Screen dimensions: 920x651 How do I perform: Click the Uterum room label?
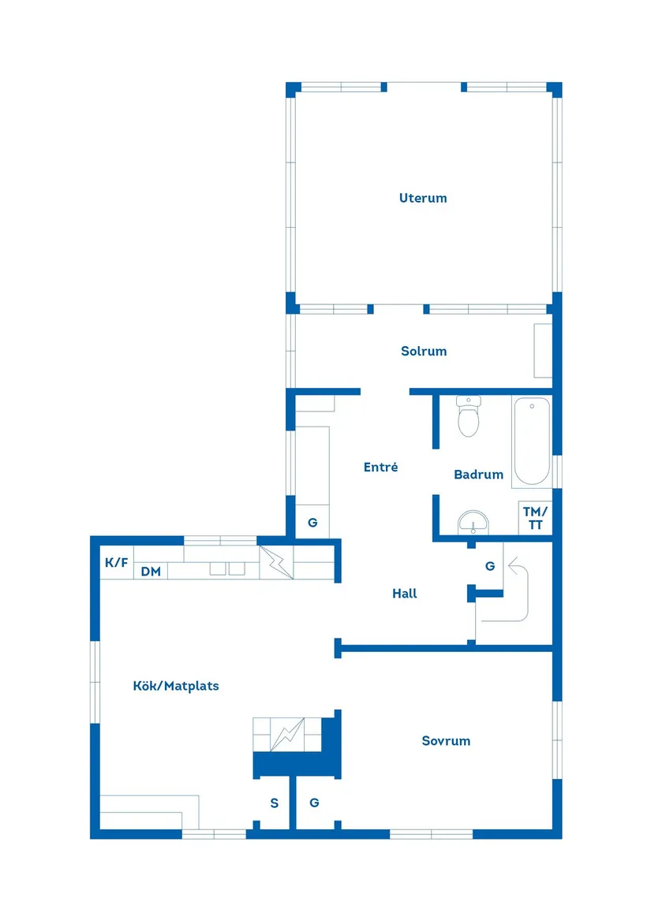coord(423,198)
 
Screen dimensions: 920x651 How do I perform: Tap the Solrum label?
coord(424,351)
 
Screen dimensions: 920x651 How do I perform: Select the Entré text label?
coord(380,467)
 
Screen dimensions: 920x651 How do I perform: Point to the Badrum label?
coord(478,475)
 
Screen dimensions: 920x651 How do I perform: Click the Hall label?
coord(405,594)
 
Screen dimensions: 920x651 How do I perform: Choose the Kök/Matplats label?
coord(176,686)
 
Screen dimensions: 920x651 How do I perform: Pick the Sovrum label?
coord(446,740)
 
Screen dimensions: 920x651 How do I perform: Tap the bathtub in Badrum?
coord(531,441)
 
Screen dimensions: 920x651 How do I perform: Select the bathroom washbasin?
coord(473,521)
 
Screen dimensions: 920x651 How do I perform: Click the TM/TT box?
coord(535,518)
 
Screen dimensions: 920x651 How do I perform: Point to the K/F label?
coord(116,563)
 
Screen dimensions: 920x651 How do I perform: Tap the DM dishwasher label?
coord(151,572)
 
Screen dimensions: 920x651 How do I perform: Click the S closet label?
coord(275,803)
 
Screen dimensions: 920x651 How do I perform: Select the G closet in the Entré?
coord(312,522)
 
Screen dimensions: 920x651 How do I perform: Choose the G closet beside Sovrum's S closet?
coord(314,803)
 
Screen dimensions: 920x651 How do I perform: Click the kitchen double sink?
coord(226,568)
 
